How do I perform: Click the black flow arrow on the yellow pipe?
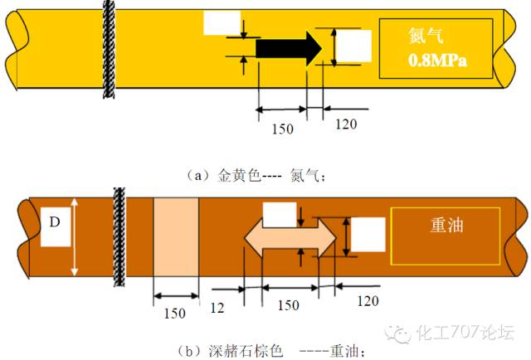click(286, 49)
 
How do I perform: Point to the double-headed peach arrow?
click(290, 237)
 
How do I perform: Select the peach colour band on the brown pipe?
click(176, 237)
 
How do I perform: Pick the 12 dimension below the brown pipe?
click(217, 307)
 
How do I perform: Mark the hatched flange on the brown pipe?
click(119, 236)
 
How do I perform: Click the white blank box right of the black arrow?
click(353, 46)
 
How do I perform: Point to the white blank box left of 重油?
click(368, 235)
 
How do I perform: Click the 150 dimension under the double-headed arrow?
click(288, 305)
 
